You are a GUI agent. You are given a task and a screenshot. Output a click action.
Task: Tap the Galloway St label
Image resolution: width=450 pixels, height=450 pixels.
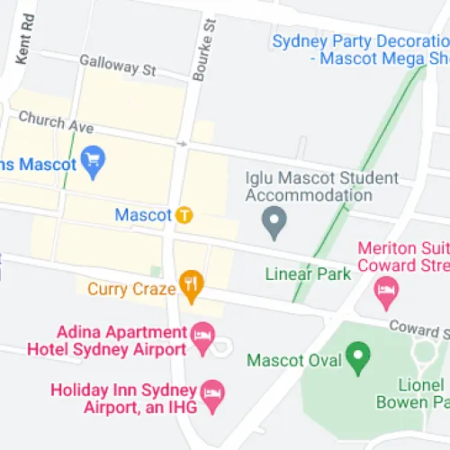118,65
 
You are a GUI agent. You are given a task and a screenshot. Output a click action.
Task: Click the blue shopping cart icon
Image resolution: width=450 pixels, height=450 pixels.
92,162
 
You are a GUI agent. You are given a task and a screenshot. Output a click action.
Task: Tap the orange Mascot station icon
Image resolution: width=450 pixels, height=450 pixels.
184,215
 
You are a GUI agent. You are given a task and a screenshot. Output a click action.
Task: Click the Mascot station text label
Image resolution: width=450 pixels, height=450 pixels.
143,215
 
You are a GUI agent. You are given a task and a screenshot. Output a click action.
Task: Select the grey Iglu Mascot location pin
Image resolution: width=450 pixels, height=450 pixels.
273,218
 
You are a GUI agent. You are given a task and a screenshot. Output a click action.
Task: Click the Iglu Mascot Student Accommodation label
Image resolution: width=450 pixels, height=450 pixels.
309,186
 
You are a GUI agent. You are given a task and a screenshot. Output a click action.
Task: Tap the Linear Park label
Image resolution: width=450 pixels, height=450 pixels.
309,274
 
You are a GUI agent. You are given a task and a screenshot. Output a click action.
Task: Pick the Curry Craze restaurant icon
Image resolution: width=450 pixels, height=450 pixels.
191,288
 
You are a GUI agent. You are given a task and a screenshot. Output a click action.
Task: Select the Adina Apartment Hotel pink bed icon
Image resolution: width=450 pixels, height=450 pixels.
203,339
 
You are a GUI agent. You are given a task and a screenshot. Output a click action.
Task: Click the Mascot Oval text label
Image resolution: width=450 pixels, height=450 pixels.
294,361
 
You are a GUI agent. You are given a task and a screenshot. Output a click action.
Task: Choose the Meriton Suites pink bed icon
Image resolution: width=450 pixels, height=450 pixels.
386,289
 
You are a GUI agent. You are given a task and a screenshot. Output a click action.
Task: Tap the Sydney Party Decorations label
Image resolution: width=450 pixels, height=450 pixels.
359,49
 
